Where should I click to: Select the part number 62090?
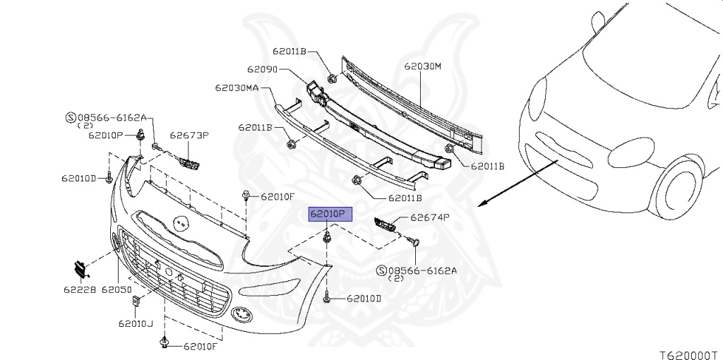(261, 70)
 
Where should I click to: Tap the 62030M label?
(422, 67)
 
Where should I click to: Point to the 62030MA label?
(237, 88)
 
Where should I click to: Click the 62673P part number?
(189, 135)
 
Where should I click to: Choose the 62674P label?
(430, 218)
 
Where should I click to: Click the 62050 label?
(117, 289)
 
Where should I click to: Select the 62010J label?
(136, 324)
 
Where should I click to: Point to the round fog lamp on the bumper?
(241, 313)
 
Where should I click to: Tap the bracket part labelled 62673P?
(189, 163)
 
